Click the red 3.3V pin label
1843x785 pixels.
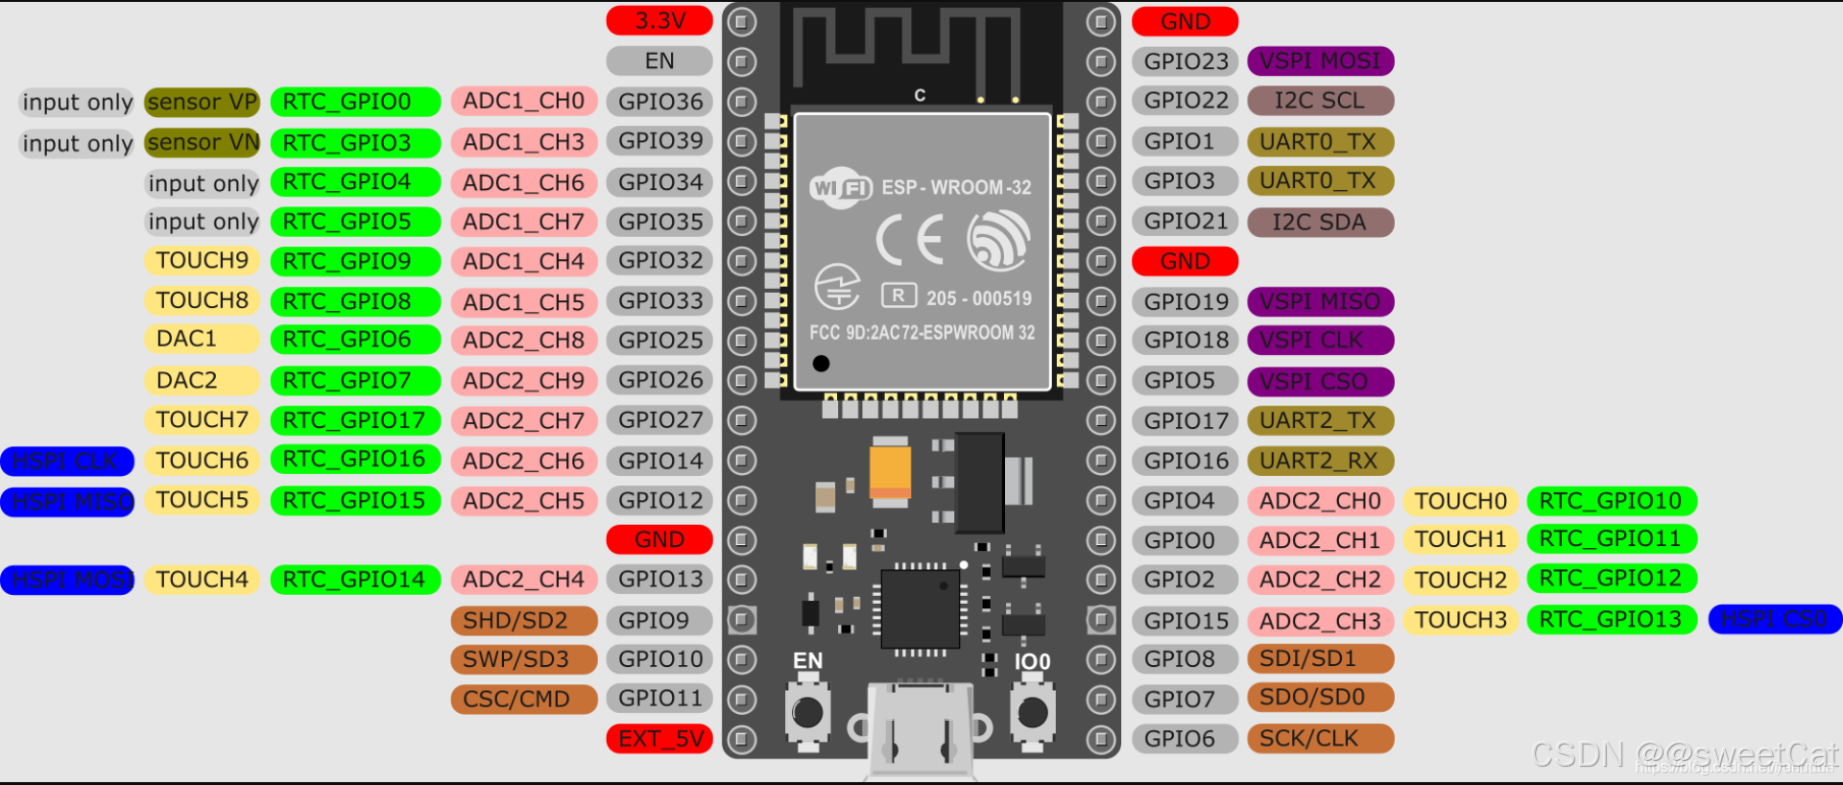coord(659,20)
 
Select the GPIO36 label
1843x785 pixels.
coord(659,101)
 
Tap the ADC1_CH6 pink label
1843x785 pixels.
coord(523,181)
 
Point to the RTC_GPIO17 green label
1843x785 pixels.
coord(354,419)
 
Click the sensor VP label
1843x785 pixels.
coord(202,101)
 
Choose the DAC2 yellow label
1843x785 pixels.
coord(201,380)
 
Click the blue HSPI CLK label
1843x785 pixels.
coord(66,461)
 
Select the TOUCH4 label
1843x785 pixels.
coord(202,580)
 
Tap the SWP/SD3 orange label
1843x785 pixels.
coord(523,659)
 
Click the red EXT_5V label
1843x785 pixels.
coord(659,738)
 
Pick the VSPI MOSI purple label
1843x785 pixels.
coord(1320,60)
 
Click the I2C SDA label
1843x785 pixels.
coord(1320,222)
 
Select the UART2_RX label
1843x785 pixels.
coord(1320,461)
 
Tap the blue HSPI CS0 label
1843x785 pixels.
coord(1774,619)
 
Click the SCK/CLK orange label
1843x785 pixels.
coord(1320,738)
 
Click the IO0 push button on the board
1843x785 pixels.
coord(1032,713)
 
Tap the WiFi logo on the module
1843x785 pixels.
coord(840,187)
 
